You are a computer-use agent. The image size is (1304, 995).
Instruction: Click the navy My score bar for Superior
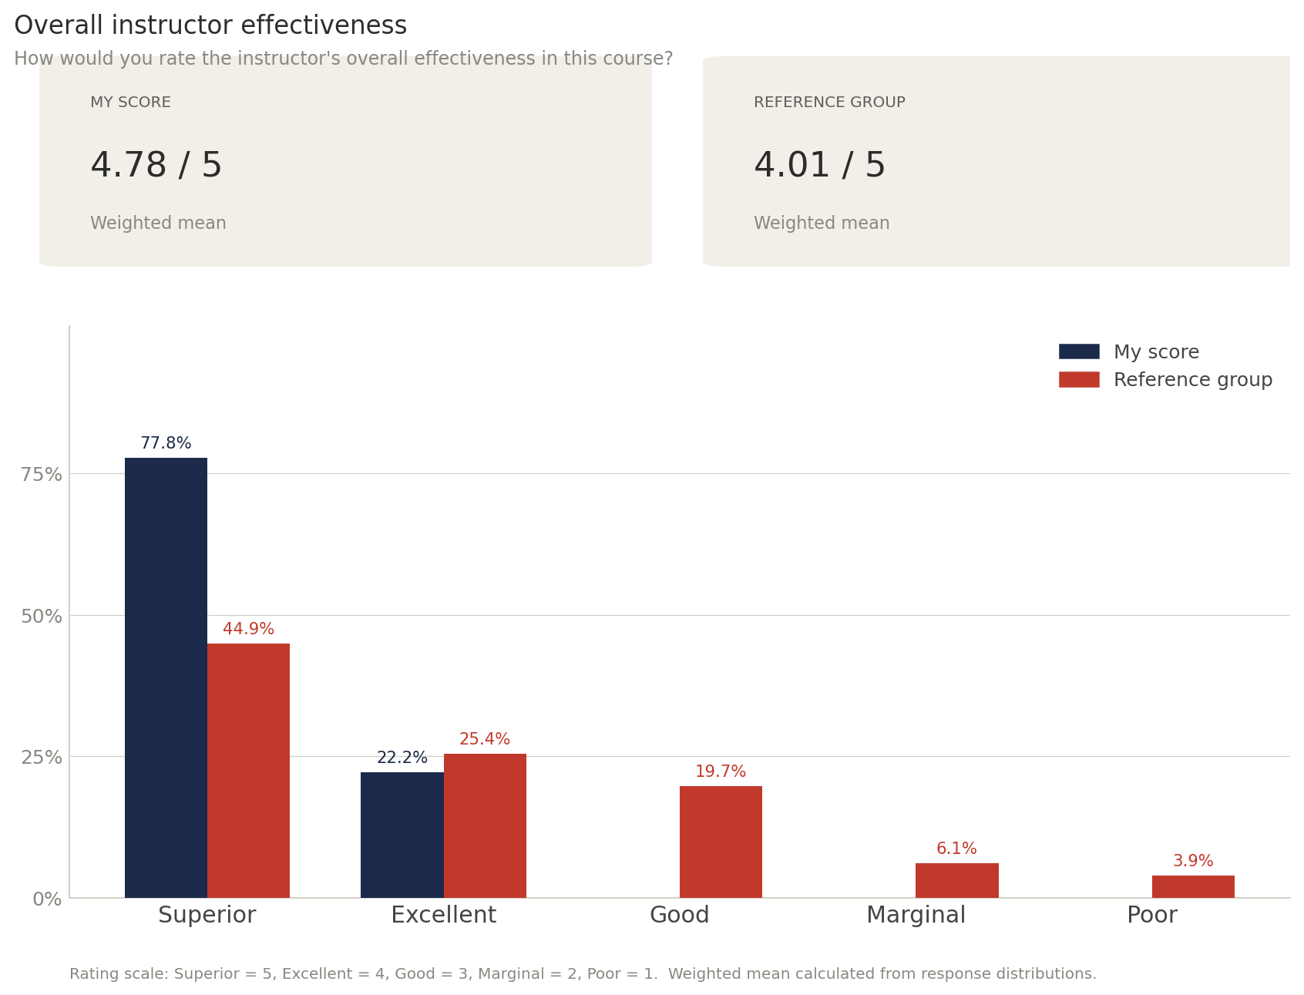pos(166,677)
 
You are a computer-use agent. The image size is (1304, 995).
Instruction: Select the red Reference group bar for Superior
pos(248,771)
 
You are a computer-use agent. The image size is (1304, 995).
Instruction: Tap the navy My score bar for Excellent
pos(402,835)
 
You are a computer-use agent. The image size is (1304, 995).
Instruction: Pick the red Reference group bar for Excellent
pos(485,825)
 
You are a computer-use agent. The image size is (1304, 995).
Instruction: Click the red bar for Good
pos(721,842)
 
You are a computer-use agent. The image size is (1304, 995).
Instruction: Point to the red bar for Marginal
pos(956,880)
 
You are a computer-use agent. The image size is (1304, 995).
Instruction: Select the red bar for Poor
pos(1193,886)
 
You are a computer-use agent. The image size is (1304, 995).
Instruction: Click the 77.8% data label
pos(166,444)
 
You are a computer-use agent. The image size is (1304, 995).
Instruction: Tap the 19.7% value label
pos(721,771)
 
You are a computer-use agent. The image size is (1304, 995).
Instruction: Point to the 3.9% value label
pos(1193,861)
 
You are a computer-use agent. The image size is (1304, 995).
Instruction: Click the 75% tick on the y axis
pos(42,475)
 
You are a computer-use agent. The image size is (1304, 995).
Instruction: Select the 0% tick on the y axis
pos(47,899)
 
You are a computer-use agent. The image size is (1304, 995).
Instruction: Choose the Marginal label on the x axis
pos(916,916)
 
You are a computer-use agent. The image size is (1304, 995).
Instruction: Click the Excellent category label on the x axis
pos(443,916)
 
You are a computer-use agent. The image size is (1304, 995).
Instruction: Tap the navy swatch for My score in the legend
pos(1079,351)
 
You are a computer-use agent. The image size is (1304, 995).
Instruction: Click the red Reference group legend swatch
pos(1079,379)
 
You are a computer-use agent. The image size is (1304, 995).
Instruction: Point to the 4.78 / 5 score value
pos(156,166)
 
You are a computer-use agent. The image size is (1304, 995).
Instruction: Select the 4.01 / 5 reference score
pos(820,166)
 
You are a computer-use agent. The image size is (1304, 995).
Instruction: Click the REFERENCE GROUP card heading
pos(829,103)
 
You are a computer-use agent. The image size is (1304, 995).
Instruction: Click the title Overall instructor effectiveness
pos(210,26)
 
